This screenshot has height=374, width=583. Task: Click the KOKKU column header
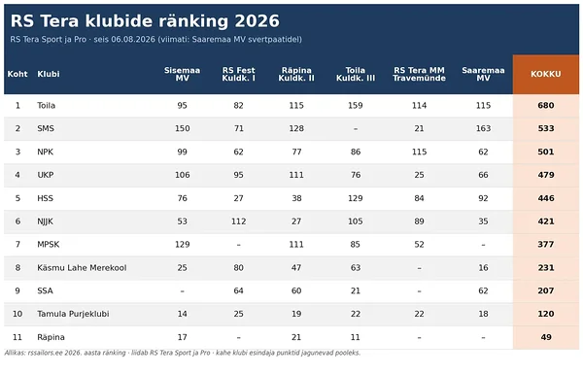pyautogui.click(x=545, y=74)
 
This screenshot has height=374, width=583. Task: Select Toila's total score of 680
pyautogui.click(x=545, y=106)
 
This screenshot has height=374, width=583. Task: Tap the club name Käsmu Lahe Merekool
pyautogui.click(x=82, y=268)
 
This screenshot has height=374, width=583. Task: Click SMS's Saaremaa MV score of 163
pyautogui.click(x=483, y=128)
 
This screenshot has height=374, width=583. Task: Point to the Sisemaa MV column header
pyautogui.click(x=183, y=74)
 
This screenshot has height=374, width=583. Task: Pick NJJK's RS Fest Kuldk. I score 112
pyautogui.click(x=238, y=221)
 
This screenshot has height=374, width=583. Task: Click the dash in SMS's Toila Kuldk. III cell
pyautogui.click(x=356, y=129)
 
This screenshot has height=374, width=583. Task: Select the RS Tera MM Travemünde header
pyautogui.click(x=419, y=74)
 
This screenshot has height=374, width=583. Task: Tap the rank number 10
pyautogui.click(x=17, y=314)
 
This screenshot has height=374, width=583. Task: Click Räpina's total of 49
pyautogui.click(x=546, y=337)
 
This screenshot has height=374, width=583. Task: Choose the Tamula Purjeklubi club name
pyautogui.click(x=73, y=314)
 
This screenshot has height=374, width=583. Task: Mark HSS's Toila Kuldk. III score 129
pyautogui.click(x=355, y=198)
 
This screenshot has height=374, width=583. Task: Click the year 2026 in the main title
pyautogui.click(x=257, y=21)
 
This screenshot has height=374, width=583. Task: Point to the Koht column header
pyautogui.click(x=17, y=74)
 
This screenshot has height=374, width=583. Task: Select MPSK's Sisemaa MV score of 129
pyautogui.click(x=183, y=245)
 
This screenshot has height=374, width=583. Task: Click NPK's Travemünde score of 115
pyautogui.click(x=419, y=153)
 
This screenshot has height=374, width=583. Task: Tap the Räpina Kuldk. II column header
pyautogui.click(x=296, y=74)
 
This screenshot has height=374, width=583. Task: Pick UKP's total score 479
pyautogui.click(x=546, y=175)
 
